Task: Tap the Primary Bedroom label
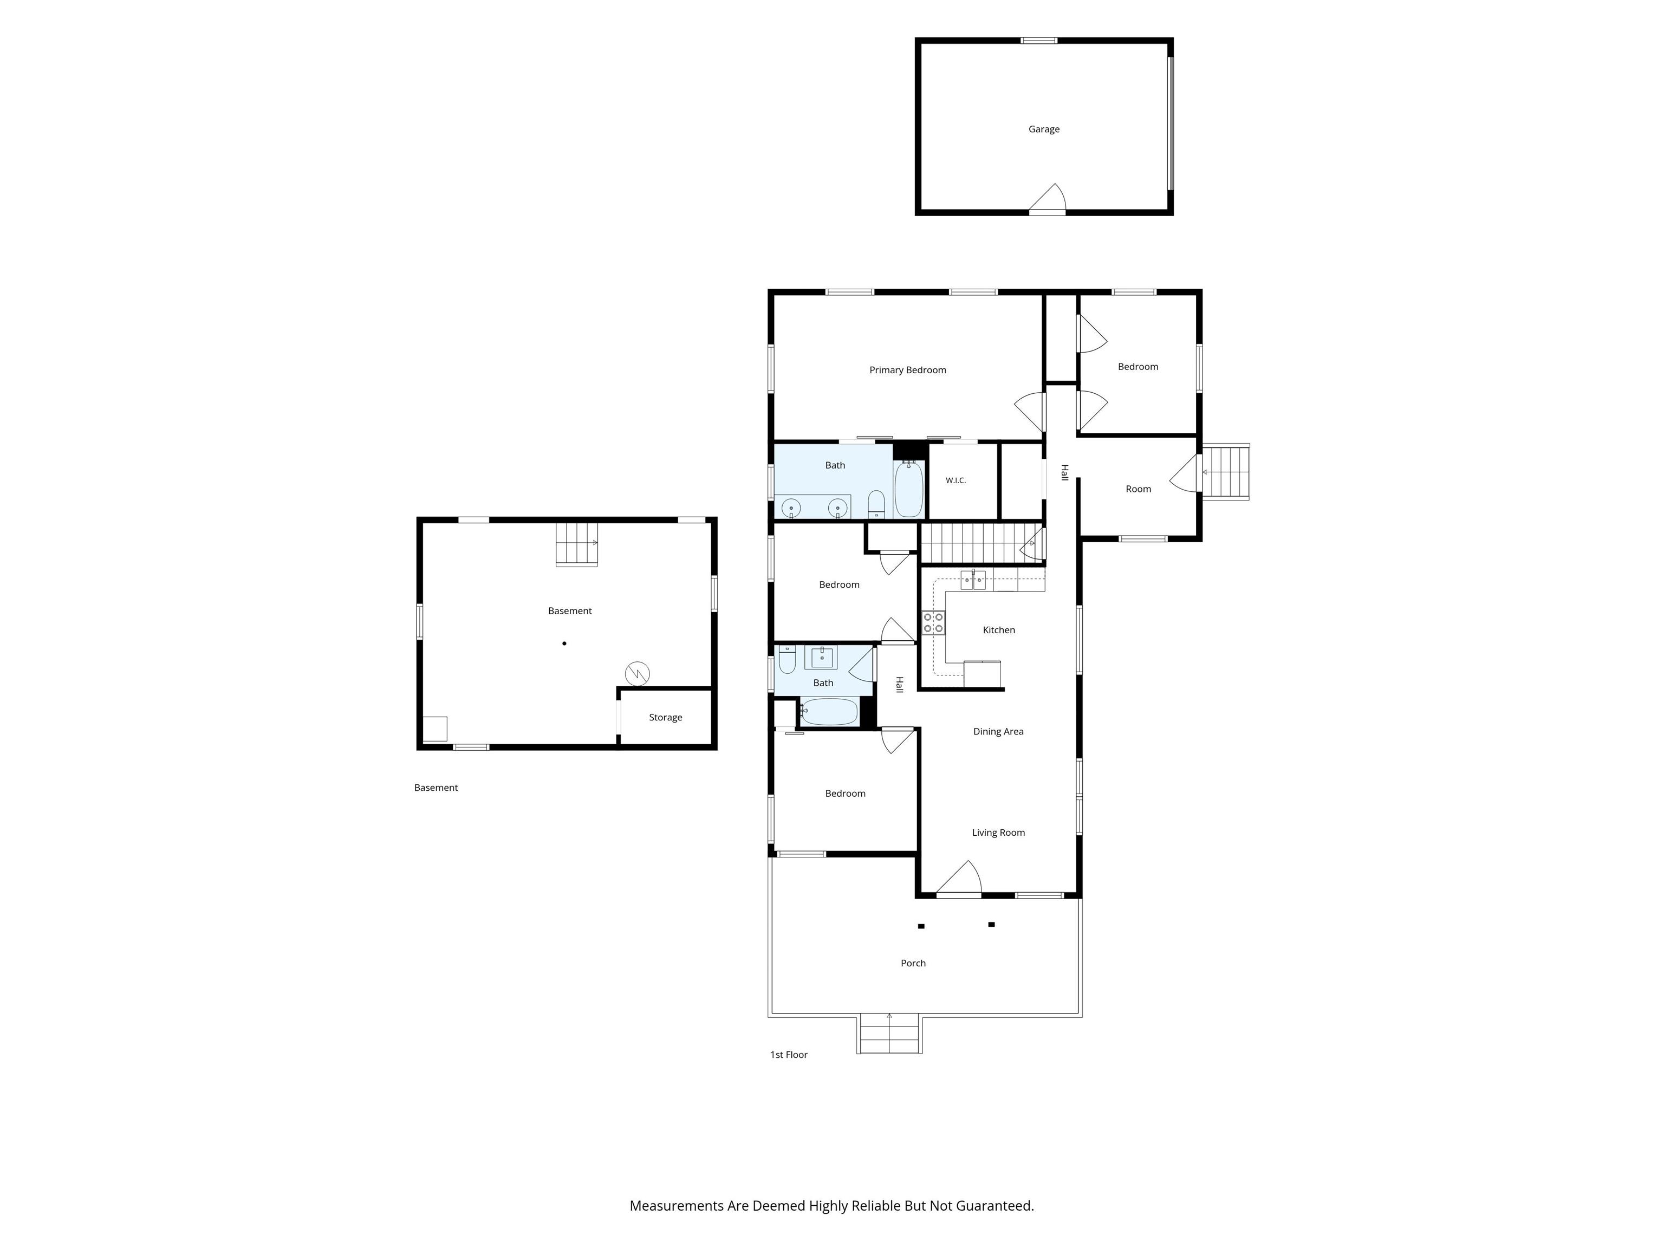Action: [x=907, y=370]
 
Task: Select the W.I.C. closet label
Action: [x=955, y=480]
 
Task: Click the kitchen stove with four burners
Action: [x=933, y=623]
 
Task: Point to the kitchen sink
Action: [x=973, y=580]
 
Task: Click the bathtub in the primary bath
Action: [x=909, y=489]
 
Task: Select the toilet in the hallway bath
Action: [x=787, y=660]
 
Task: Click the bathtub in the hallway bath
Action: [x=828, y=712]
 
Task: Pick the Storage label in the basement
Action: [x=665, y=718]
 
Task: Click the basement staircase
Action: [x=577, y=544]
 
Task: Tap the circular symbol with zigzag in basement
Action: [x=637, y=673]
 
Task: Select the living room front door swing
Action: [x=959, y=879]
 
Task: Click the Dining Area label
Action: [x=998, y=732]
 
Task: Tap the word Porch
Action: [x=913, y=964]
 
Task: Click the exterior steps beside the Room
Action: [x=1225, y=472]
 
